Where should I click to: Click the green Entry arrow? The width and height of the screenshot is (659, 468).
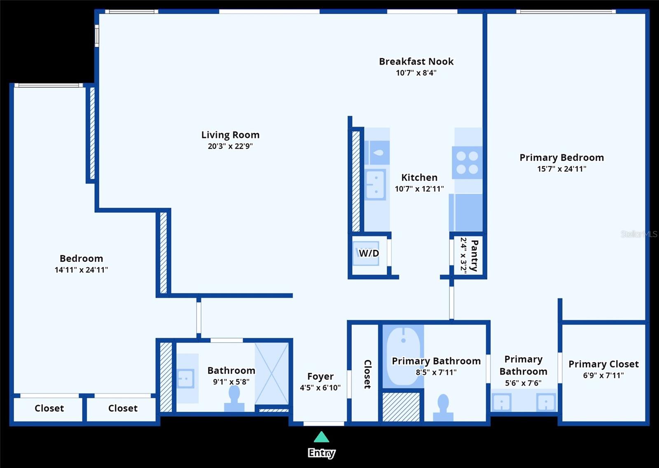click(x=321, y=437)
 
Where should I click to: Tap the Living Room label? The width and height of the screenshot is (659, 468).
click(x=230, y=135)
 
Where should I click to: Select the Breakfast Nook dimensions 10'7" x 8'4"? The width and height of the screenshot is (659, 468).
click(x=416, y=73)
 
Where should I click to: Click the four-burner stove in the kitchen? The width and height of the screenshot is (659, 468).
click(x=467, y=162)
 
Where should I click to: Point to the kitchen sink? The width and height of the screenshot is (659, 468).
click(x=375, y=184)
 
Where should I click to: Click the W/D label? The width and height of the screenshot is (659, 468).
click(x=369, y=253)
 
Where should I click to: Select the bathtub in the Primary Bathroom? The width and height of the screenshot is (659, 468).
click(x=403, y=355)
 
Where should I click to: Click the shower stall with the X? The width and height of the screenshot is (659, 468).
click(x=271, y=374)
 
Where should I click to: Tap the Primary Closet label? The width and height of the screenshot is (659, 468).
click(x=603, y=364)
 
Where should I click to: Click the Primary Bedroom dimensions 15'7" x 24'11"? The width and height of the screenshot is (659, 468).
click(x=561, y=169)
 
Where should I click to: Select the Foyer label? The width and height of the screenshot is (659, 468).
click(x=320, y=376)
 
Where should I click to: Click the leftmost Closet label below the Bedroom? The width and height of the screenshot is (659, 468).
click(x=49, y=408)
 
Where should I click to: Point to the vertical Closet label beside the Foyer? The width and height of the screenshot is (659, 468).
click(x=367, y=374)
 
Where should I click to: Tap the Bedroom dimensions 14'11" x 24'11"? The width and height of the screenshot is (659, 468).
click(x=81, y=270)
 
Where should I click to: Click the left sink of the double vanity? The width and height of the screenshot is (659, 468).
click(x=501, y=402)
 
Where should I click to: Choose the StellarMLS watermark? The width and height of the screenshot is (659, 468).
click(x=639, y=234)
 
